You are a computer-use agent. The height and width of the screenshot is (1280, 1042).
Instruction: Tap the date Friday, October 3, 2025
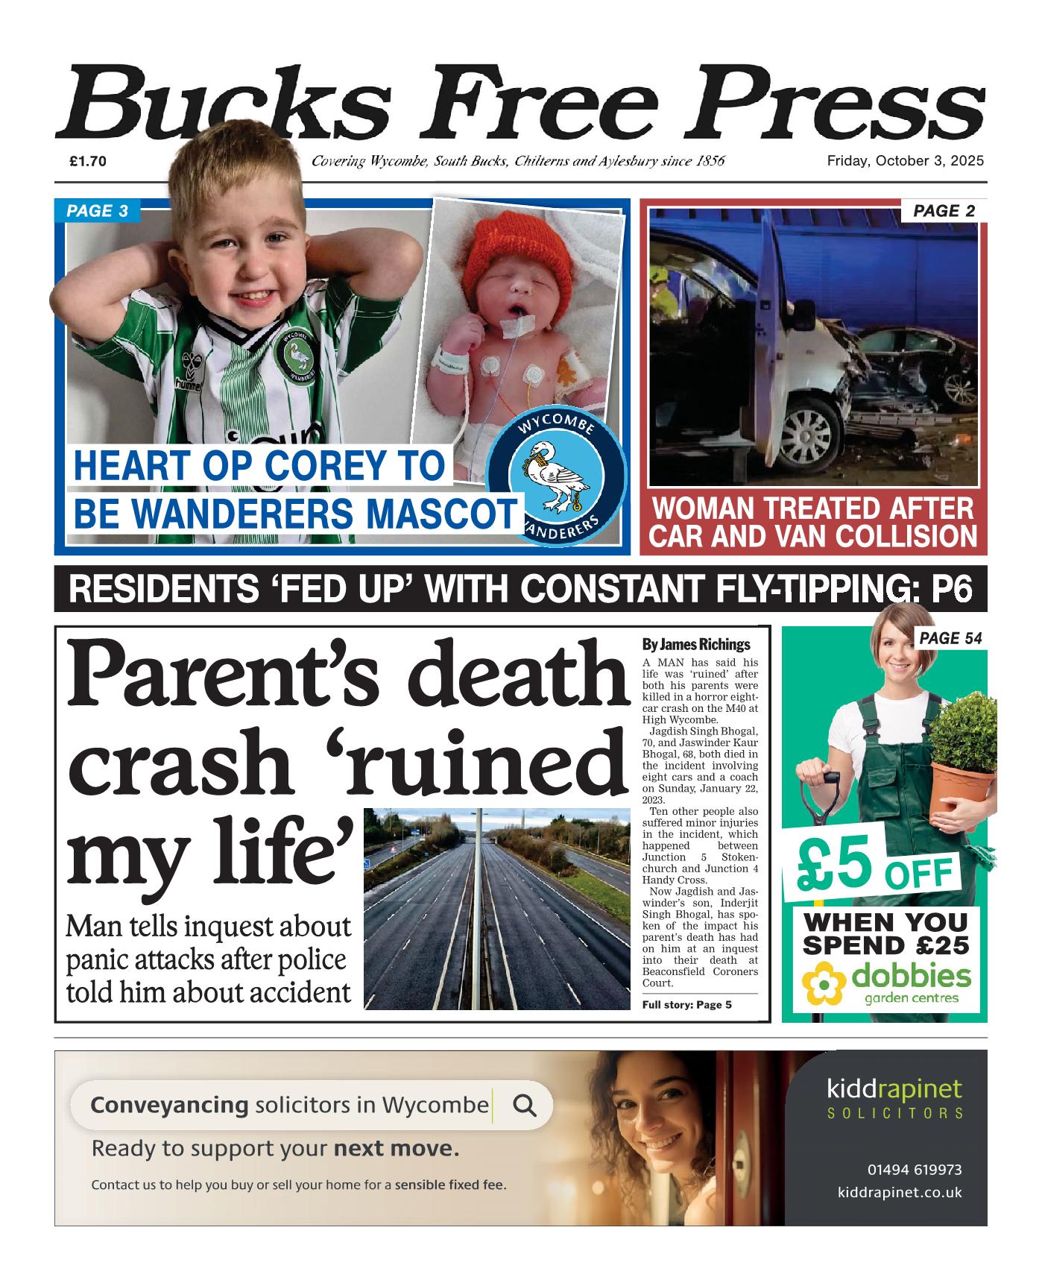pos(905,161)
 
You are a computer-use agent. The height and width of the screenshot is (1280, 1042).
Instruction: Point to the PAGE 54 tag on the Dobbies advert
pos(950,638)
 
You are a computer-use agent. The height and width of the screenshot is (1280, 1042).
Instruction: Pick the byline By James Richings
pos(695,645)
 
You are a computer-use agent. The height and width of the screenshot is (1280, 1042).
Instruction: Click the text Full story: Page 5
pos(686,1005)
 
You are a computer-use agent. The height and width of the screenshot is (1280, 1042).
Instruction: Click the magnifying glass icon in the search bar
pos(525,1105)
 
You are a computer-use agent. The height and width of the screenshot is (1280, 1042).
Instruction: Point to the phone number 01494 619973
pos(914,1170)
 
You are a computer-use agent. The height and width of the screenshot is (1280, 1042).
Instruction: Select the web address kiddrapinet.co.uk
pos(899,1193)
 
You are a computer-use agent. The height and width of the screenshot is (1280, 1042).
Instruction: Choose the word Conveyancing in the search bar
pos(168,1105)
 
